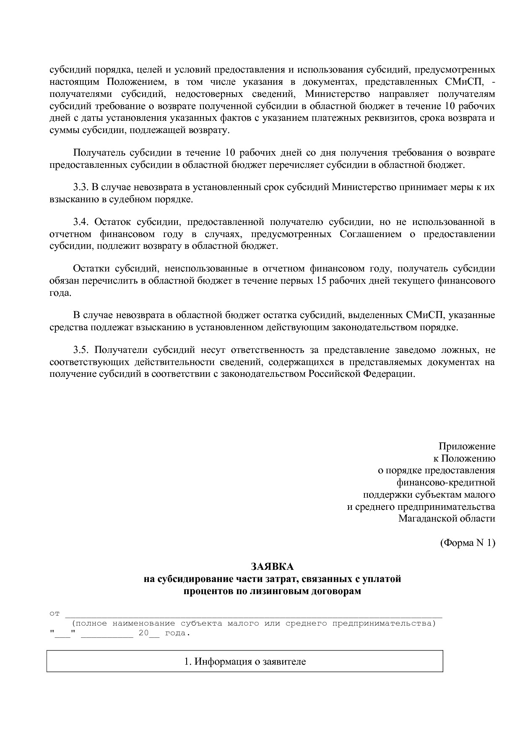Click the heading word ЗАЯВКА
coord(272,566)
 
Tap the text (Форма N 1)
coord(468,543)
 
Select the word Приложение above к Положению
coord(467,446)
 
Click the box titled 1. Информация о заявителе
coord(245,662)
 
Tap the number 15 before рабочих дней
coord(319,280)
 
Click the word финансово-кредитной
coord(446,483)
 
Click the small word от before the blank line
coord(55,614)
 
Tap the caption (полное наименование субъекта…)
coord(254,624)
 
